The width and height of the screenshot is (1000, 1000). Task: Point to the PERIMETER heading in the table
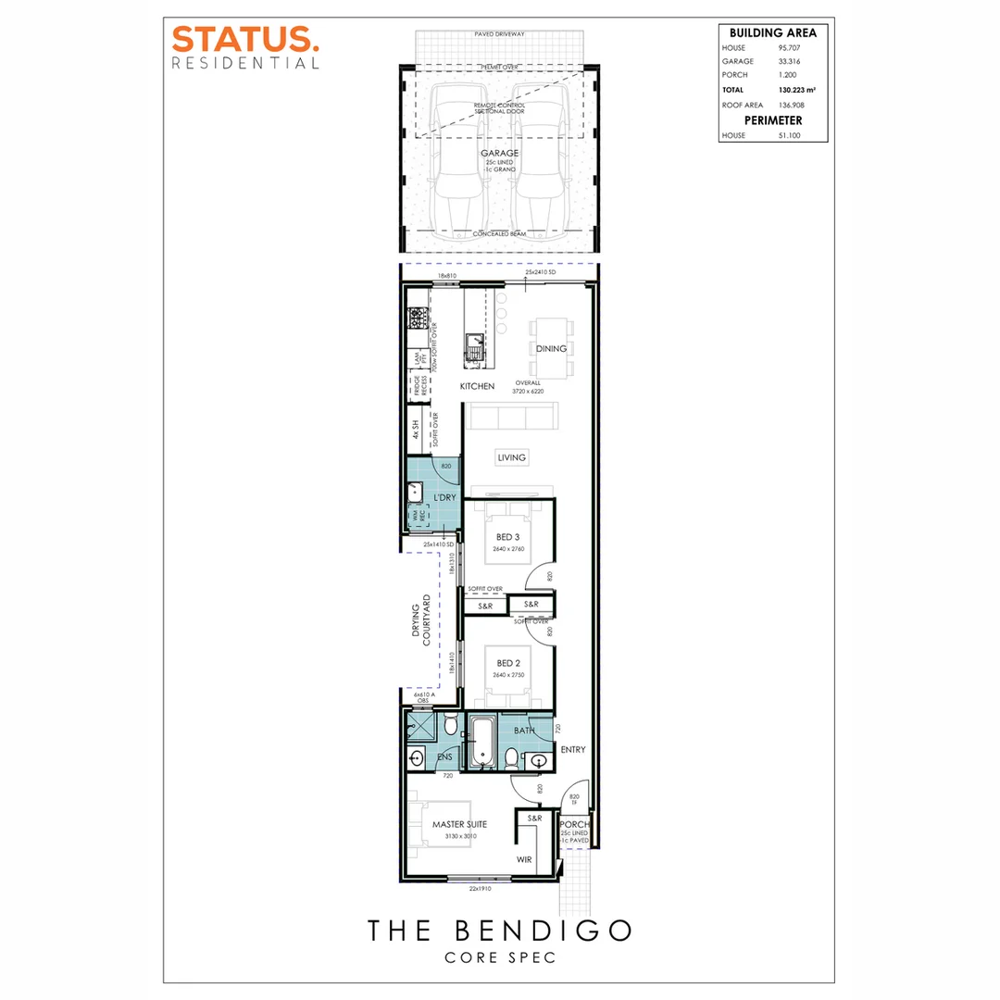[x=768, y=120]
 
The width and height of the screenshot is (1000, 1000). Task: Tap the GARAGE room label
[x=499, y=154]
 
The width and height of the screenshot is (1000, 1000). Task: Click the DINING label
[x=550, y=349]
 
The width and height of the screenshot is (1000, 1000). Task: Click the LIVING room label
[x=511, y=457]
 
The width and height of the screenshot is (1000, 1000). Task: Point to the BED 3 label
[x=508, y=538]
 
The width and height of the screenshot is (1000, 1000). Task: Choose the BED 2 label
[x=508, y=663]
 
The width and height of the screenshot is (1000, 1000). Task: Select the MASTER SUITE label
[x=459, y=823]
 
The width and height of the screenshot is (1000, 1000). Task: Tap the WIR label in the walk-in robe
[x=525, y=859]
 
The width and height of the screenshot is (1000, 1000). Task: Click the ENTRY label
[x=573, y=750]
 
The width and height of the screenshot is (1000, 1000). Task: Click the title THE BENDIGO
[x=499, y=930]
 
